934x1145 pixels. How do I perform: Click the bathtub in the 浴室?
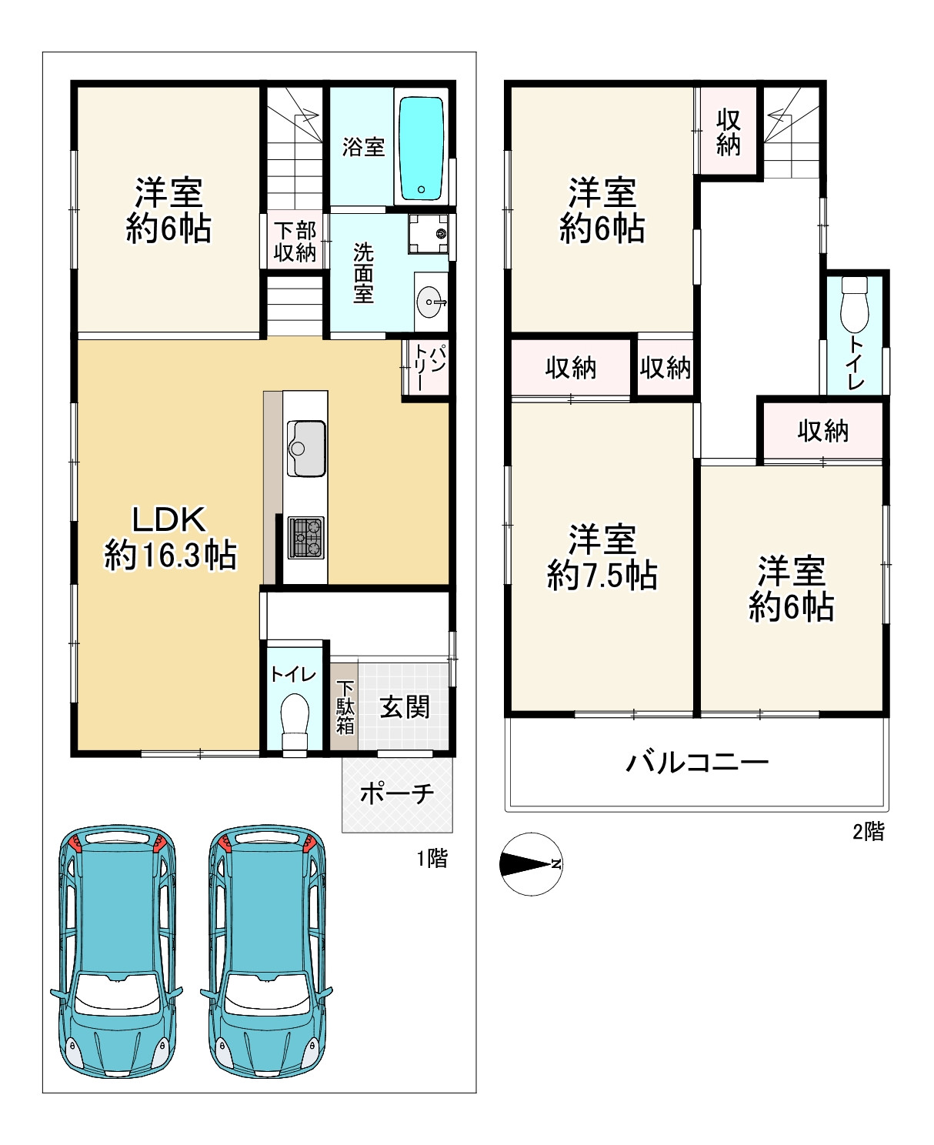(x=421, y=149)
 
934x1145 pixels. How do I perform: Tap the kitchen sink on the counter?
(x=306, y=449)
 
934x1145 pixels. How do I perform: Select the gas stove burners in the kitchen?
(x=306, y=537)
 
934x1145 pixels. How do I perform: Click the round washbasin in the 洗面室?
(x=430, y=302)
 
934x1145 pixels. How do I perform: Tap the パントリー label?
(x=429, y=367)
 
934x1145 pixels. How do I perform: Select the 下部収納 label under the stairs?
(x=295, y=242)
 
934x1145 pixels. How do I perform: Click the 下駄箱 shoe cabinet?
(x=344, y=706)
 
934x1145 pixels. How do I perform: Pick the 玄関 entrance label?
(x=405, y=707)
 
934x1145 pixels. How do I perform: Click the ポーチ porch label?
(x=397, y=794)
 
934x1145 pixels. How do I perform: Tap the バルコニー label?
(x=697, y=763)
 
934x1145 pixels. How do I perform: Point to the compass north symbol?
(x=532, y=864)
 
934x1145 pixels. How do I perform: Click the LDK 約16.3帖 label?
(x=170, y=537)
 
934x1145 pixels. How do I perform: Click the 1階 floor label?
(x=432, y=858)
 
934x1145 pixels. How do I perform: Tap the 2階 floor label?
(x=869, y=832)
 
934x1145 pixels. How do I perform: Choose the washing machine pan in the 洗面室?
(x=429, y=233)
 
